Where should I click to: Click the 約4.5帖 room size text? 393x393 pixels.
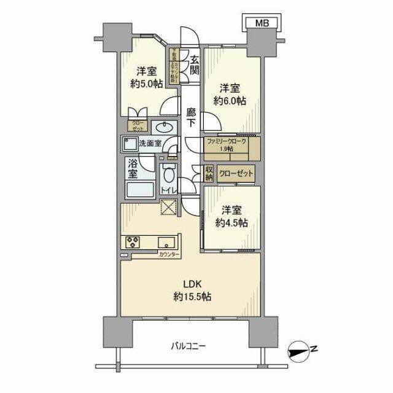tap(231, 224)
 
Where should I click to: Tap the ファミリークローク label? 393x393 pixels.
tap(225, 141)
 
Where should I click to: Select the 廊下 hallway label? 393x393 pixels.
tap(192, 118)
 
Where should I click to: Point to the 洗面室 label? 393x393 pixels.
tap(150, 144)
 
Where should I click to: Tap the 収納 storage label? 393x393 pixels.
tap(209, 173)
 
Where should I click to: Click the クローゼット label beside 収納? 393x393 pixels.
tap(236, 174)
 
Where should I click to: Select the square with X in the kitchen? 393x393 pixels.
tap(168, 209)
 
